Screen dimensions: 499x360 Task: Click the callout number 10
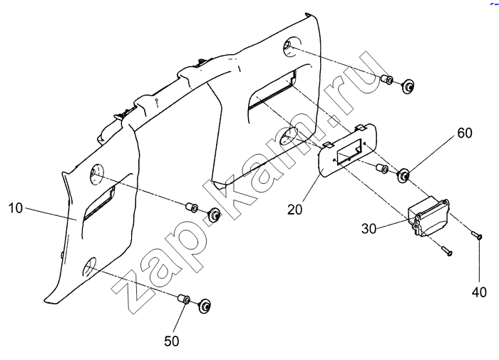(x=16, y=208)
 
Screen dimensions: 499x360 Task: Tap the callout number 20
(x=294, y=210)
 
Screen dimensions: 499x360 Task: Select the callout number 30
(x=369, y=228)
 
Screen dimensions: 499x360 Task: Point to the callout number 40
(x=479, y=292)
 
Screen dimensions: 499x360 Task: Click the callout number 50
(x=172, y=341)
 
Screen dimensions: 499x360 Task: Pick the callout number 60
(x=465, y=133)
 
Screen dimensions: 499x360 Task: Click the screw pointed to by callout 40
(x=476, y=235)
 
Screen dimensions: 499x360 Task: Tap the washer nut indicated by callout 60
(x=404, y=175)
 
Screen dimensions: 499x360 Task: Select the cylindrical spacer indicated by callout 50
(x=184, y=299)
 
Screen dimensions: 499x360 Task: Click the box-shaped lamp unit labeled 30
(x=428, y=217)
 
